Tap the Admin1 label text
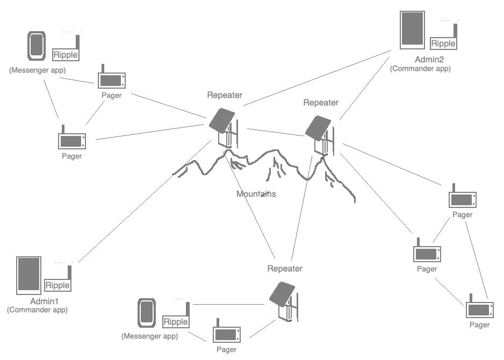tap(38, 301)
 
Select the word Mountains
tap(256, 193)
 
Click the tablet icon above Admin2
tap(412, 30)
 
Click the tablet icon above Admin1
tap(28, 275)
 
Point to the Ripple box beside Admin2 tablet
tap(444, 44)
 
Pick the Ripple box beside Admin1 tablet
tap(57, 285)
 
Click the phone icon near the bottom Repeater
tap(146, 312)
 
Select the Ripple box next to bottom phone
tap(176, 322)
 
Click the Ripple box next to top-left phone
tap(66, 54)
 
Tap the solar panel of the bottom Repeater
tap(282, 294)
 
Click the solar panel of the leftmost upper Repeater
tap(221, 120)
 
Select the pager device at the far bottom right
tap(479, 309)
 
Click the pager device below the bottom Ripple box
tap(226, 334)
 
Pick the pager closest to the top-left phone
tap(111, 81)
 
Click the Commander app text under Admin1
tap(37, 310)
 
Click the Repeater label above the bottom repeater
tap(285, 268)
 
